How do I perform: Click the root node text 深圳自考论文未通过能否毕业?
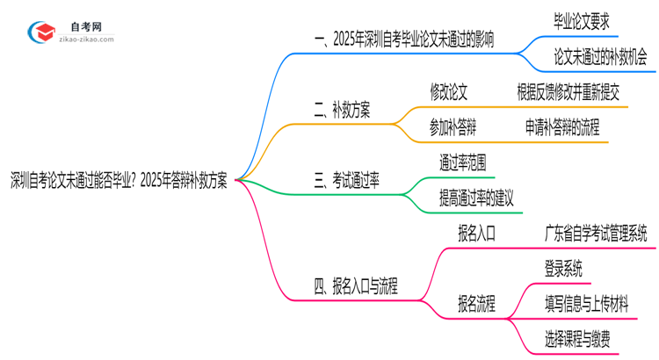tap(119, 181)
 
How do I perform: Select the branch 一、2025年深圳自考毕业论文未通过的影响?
tap(403, 40)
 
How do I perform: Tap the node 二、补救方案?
tap(341, 111)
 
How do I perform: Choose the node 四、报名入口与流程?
tap(355, 285)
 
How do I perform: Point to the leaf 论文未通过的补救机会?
tap(600, 57)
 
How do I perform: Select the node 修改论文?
tap(448, 91)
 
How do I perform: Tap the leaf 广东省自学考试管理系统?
tap(596, 233)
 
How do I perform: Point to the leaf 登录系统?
tap(562, 268)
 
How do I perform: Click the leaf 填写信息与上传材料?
tap(586, 303)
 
